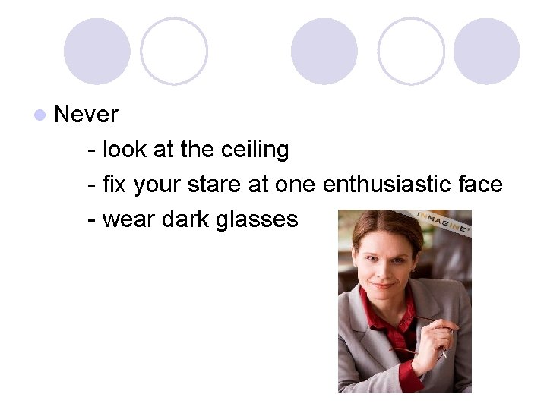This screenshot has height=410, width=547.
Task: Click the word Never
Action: click(x=87, y=115)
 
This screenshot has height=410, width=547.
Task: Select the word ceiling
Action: click(x=255, y=150)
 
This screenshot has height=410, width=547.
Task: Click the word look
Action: click(x=125, y=150)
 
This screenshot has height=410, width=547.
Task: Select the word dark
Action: click(x=183, y=219)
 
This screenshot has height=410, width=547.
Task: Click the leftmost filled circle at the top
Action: click(x=96, y=51)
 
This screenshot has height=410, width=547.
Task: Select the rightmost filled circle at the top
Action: click(x=486, y=51)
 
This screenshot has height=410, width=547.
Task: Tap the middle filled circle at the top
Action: click(x=324, y=51)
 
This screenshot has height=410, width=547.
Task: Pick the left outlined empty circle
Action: click(x=174, y=51)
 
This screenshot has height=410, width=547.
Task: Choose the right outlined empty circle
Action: click(x=411, y=51)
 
